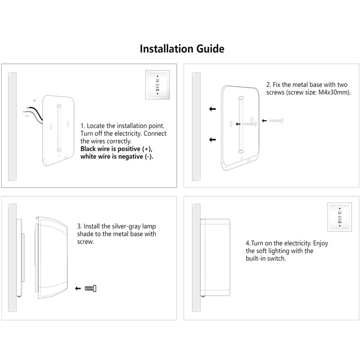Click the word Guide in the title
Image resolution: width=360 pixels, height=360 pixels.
click(x=210, y=49)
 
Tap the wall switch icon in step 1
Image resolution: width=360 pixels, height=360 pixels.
click(x=157, y=85)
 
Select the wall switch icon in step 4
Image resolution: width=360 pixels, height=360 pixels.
click(x=340, y=217)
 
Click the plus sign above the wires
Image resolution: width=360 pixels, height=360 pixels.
click(x=35, y=100)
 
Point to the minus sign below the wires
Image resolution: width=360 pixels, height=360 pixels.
click(x=27, y=116)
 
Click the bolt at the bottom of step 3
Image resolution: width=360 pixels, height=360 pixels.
click(x=90, y=288)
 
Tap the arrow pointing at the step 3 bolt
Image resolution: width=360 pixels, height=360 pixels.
click(x=78, y=288)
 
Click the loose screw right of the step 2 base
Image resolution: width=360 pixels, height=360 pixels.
click(x=276, y=121)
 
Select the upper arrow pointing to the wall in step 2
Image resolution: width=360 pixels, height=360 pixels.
click(x=212, y=109)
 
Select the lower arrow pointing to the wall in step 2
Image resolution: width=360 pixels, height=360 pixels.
click(x=212, y=139)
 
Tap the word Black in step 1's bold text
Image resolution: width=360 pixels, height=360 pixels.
click(x=88, y=149)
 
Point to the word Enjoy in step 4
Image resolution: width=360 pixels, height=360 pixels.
click(x=320, y=243)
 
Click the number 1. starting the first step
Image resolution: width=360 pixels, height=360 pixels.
click(x=83, y=126)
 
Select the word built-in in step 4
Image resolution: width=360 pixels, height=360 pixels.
click(x=256, y=258)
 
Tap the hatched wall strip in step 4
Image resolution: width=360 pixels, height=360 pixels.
click(x=196, y=257)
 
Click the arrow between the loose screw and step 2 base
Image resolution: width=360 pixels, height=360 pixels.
click(x=264, y=121)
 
